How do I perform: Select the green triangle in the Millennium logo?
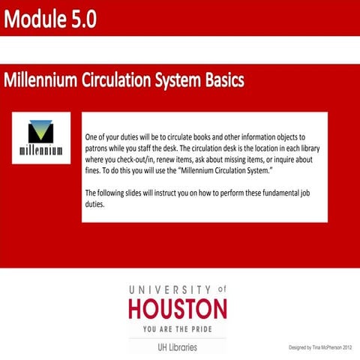tap(42, 132)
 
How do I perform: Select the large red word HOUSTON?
tap(177, 307)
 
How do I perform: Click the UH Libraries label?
tap(177, 346)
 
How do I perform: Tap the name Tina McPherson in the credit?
tap(323, 347)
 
